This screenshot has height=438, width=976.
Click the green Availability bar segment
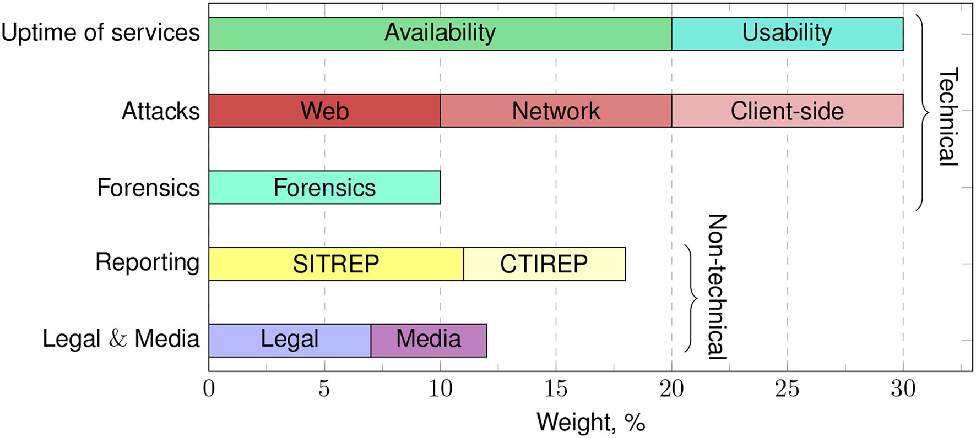440,34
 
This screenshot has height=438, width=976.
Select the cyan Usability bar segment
787,34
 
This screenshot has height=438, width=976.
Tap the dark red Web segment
324,111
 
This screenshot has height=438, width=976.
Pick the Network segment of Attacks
556,111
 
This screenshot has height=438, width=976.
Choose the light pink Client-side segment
787,111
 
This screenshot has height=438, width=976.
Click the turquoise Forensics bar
324,188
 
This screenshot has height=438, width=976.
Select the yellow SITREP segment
336,264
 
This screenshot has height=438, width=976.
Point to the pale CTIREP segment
544,264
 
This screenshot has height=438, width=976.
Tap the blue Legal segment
290,340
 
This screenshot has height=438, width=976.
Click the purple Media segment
429,340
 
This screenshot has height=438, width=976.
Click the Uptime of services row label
100,32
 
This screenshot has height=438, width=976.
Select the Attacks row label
160,111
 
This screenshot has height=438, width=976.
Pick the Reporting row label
147,262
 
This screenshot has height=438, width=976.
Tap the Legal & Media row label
121,338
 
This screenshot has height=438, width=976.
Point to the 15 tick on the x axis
556,389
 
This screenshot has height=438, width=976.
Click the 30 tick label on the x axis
903,389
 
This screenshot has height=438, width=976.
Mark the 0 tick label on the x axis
209,389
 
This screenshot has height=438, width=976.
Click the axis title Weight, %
590,423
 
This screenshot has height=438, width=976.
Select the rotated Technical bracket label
948,117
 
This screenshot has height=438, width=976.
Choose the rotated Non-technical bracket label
717,287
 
